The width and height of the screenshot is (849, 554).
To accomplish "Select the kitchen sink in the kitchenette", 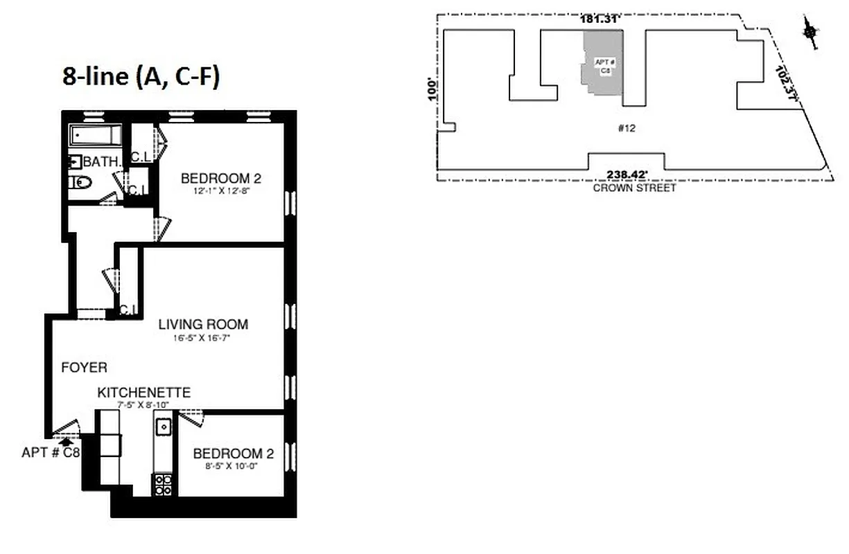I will (x=164, y=427).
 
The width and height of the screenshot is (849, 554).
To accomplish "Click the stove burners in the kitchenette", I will (x=163, y=484).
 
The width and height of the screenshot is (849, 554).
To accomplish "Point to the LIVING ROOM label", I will (x=203, y=324).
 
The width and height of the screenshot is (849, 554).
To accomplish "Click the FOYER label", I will (x=84, y=368).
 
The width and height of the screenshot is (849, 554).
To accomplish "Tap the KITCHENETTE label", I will (x=143, y=393).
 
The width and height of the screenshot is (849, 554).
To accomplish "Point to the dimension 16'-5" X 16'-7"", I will (x=203, y=338).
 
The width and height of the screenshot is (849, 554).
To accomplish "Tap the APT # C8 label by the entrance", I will (x=51, y=453).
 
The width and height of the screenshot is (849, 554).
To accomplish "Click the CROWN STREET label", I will (x=633, y=188).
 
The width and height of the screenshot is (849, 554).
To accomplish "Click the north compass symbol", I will (x=809, y=32).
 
